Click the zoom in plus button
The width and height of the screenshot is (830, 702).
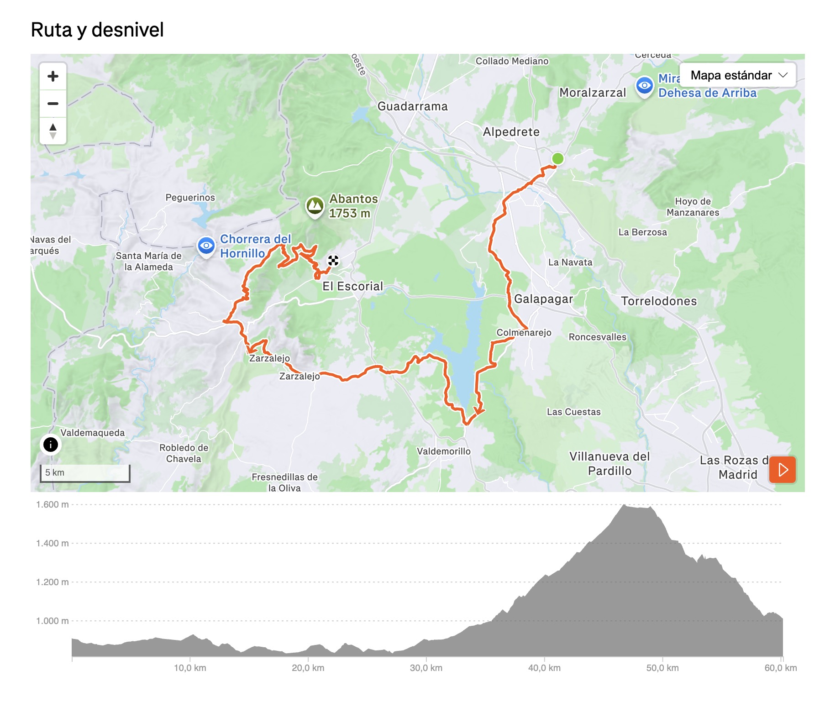(x=53, y=76)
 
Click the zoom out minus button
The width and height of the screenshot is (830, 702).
(x=53, y=104)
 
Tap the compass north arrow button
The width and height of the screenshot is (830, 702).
(x=53, y=131)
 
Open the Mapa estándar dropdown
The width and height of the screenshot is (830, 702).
(x=738, y=75)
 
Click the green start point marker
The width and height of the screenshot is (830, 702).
(x=557, y=158)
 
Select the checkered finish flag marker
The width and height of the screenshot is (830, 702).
(x=333, y=261)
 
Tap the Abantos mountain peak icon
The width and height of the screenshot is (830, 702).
(x=315, y=206)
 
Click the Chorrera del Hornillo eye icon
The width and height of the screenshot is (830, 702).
(x=206, y=246)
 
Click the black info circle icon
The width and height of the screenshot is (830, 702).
(x=51, y=444)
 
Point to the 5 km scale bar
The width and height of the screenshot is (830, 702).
(x=85, y=473)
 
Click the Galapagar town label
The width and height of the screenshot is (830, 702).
(x=543, y=299)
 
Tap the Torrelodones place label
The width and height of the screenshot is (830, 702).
(x=659, y=301)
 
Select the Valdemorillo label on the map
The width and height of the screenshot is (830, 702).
(x=443, y=451)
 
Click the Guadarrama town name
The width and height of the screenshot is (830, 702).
(x=412, y=106)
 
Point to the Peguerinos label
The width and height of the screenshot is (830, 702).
(x=190, y=198)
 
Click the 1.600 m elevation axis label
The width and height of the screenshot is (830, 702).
(x=52, y=504)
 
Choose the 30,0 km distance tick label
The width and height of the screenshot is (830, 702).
(x=426, y=668)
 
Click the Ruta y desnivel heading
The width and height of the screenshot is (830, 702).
(x=97, y=30)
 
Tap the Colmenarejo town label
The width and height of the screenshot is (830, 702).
(x=524, y=333)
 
